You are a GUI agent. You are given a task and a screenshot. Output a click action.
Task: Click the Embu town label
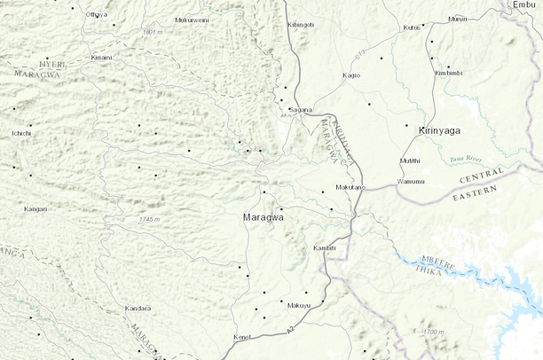tap(525, 5)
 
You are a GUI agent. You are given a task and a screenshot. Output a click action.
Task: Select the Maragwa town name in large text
tap(263, 216)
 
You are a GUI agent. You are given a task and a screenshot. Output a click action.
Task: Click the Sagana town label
tap(302, 110)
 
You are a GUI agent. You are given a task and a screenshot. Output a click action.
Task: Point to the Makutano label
tap(350, 188)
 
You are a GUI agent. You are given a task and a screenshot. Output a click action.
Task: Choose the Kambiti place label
tap(326, 247)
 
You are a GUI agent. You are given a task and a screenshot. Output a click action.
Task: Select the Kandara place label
tap(138, 309)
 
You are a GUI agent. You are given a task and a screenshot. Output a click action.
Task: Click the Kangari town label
tap(35, 209)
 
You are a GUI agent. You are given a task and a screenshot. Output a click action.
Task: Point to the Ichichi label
tap(20, 133)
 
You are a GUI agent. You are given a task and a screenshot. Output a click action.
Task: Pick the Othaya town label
tap(96, 15)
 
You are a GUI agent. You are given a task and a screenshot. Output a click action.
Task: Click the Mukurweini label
tap(193, 20)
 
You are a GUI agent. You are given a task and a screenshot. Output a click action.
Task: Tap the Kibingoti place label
tap(301, 25)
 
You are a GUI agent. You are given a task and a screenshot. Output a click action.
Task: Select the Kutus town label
tap(412, 27)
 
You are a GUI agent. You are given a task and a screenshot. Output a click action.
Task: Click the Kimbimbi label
tap(450, 73)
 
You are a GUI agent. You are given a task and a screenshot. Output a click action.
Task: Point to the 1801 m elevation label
tap(153, 32)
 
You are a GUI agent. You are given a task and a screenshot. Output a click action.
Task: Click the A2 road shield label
tap(290, 330)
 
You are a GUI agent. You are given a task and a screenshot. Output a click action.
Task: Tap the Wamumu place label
tap(411, 182)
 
